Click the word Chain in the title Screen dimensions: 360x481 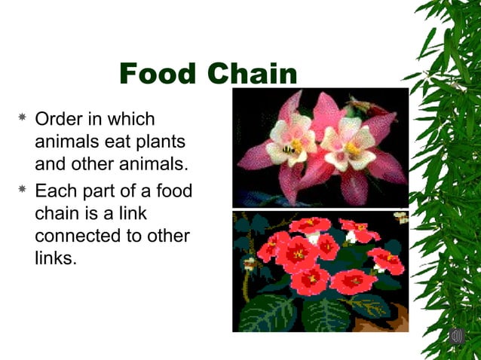point(253,75)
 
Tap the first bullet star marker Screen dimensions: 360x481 point(23,119)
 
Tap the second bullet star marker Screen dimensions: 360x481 point(23,191)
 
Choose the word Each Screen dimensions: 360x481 point(56,191)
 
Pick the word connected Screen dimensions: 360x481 point(81,236)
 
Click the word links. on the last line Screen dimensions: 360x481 point(56,259)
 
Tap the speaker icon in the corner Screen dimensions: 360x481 point(456,336)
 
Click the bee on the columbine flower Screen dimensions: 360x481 point(289,150)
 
